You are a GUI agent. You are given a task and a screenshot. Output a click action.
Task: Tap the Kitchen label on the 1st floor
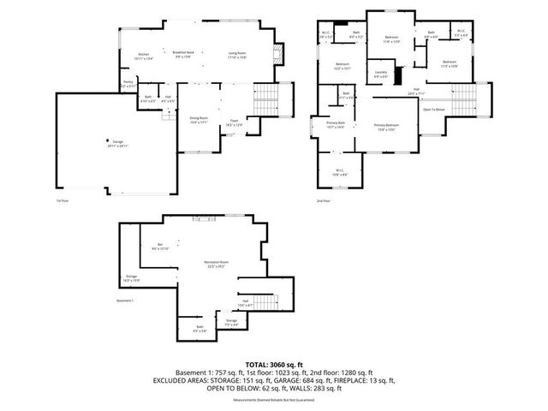145,56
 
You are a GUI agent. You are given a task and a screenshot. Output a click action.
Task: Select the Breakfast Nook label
184,52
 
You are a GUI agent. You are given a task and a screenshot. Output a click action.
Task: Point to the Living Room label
237,55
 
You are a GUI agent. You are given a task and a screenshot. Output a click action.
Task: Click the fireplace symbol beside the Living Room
277,58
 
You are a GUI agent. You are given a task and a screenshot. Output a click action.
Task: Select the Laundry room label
382,73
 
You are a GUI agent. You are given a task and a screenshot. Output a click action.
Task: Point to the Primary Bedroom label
385,125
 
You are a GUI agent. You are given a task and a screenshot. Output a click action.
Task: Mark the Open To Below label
434,110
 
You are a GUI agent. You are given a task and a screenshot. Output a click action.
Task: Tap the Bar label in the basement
161,246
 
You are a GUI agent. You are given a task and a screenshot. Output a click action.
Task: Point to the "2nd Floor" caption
323,200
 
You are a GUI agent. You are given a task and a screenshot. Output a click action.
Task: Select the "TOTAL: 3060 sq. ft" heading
273,364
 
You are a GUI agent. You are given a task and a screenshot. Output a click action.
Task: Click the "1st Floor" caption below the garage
62,200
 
